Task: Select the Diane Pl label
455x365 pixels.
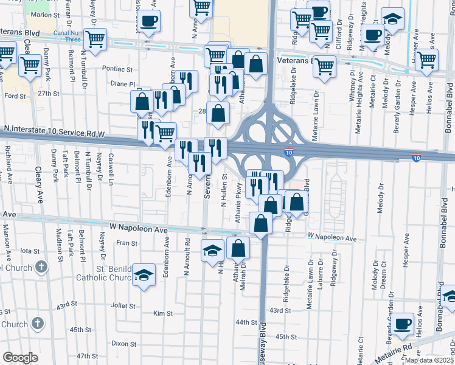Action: [122, 85]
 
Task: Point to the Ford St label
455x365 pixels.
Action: [15, 96]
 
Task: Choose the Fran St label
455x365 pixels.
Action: [127, 243]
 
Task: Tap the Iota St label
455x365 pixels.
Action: [30, 250]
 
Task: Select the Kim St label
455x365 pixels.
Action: [162, 314]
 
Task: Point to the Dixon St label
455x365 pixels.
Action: [124, 343]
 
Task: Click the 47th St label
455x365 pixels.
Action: [87, 356]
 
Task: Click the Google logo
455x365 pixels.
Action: [20, 358]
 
